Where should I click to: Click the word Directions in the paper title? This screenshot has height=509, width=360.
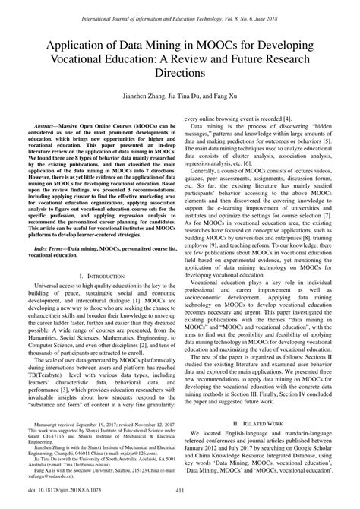click(179, 73)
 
